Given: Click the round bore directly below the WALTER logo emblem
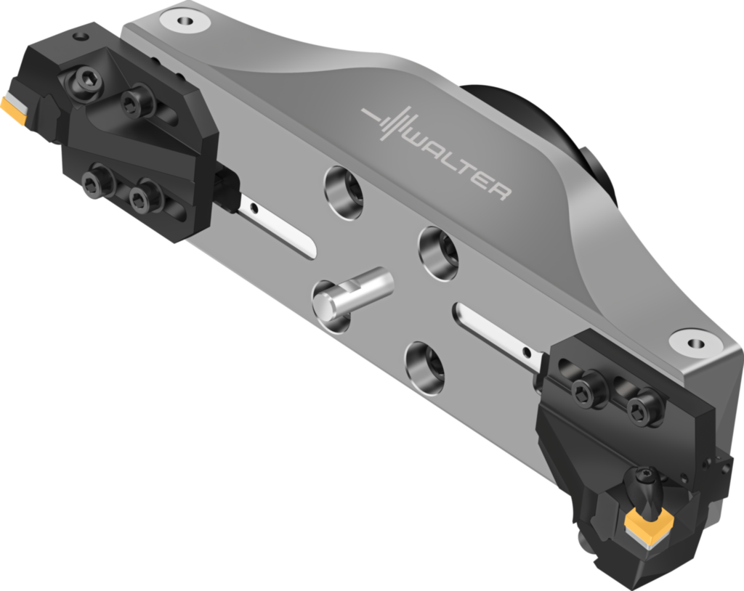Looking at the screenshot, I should tap(344, 188).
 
